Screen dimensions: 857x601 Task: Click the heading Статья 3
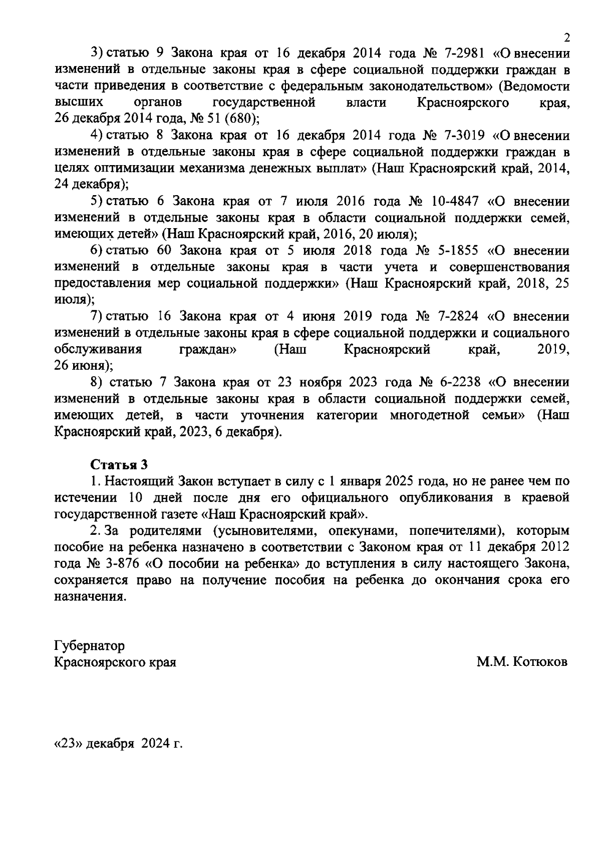click(119, 464)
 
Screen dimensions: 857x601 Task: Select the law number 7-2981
click(461, 53)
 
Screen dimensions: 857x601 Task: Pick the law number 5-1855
click(458, 250)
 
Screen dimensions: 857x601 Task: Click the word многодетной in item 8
click(429, 415)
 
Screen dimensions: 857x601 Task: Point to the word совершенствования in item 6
click(509, 267)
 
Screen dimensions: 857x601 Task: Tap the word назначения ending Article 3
click(88, 597)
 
